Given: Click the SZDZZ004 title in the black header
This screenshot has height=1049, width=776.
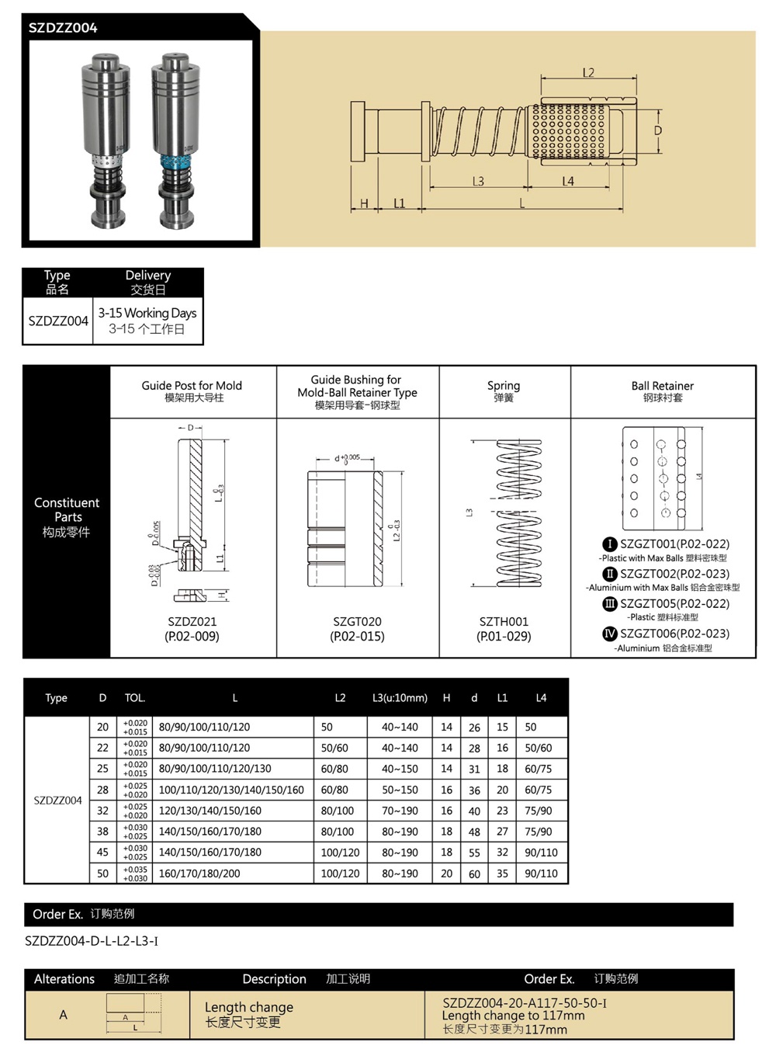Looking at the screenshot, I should [63, 28].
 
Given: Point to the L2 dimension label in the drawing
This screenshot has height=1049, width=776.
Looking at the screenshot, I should [588, 73].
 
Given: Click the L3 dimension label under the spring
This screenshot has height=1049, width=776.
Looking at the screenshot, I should [478, 181].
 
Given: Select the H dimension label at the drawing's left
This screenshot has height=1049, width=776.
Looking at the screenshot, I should [364, 204].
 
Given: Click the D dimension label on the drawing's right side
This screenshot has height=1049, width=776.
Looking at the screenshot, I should [658, 130].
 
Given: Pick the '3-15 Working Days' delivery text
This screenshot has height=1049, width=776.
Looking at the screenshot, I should [147, 313].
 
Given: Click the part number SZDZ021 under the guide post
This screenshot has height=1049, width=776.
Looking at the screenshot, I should [192, 621].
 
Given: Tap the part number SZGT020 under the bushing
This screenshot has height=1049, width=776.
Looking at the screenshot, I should [357, 621].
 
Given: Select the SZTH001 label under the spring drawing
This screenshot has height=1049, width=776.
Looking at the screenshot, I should [504, 621].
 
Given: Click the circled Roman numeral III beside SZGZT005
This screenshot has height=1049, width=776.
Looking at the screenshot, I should [610, 603].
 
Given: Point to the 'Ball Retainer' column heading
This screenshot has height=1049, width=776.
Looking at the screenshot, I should [662, 386].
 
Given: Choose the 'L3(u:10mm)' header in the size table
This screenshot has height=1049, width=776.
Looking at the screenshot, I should [400, 698].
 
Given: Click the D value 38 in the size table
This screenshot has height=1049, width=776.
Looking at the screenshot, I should [102, 832].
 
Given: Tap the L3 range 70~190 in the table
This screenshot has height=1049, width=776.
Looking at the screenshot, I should [400, 811].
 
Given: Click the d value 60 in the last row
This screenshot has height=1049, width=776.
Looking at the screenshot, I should [474, 874].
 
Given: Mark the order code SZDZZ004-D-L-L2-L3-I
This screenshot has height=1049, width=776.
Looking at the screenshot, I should [92, 941].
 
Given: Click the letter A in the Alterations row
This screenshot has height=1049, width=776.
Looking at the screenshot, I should [63, 1015].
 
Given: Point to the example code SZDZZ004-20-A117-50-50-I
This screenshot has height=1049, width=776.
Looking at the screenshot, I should [525, 1002].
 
